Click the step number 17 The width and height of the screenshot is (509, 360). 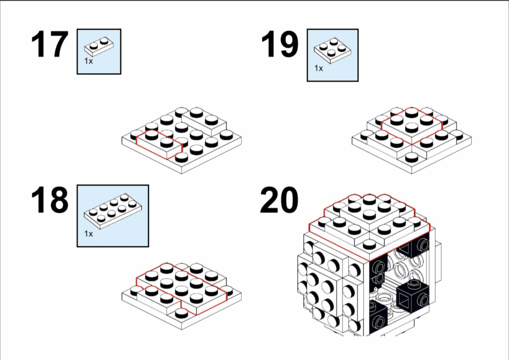pos(50,44)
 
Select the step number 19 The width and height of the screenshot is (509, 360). pos(279,44)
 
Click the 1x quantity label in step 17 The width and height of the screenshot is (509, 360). pos(88,61)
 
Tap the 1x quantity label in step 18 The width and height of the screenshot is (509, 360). pos(88,233)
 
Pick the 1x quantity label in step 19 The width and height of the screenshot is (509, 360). pos(319,68)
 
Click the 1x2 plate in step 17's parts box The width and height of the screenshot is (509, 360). pos(99,47)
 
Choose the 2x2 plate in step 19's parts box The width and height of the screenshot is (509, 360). pos(333,51)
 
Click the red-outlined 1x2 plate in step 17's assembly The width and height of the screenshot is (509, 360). pos(159,145)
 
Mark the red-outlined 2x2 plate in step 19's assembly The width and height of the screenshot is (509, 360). pos(411,125)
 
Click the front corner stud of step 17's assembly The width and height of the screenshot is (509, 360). pos(181,158)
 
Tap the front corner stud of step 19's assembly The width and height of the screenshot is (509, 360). pos(411,158)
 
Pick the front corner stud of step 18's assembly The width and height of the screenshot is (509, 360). pos(181,313)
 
